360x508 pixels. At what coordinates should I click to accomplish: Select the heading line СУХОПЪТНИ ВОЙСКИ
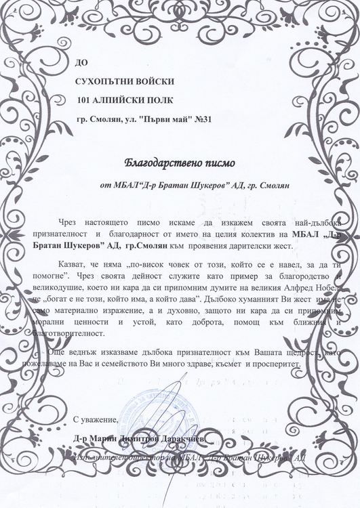point(125,81)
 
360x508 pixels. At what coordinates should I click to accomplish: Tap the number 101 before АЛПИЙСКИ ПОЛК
point(86,101)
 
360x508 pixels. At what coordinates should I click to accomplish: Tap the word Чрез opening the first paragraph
point(69,223)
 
